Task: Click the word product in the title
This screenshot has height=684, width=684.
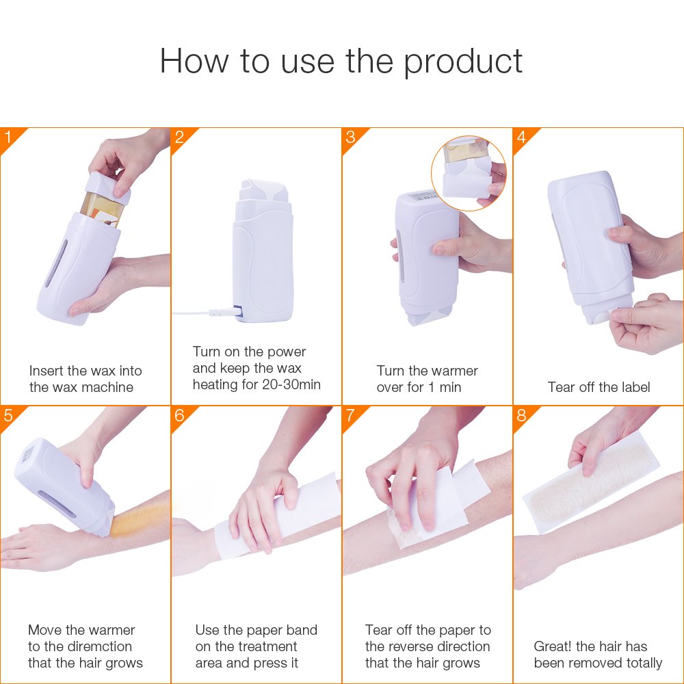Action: click(x=462, y=62)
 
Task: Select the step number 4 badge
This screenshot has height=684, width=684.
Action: click(x=521, y=137)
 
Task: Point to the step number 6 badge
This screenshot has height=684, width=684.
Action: click(x=179, y=415)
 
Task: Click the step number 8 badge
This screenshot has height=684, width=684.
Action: click(x=521, y=415)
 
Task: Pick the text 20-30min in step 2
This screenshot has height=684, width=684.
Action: click(x=291, y=384)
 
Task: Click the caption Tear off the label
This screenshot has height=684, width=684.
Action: click(x=598, y=387)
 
